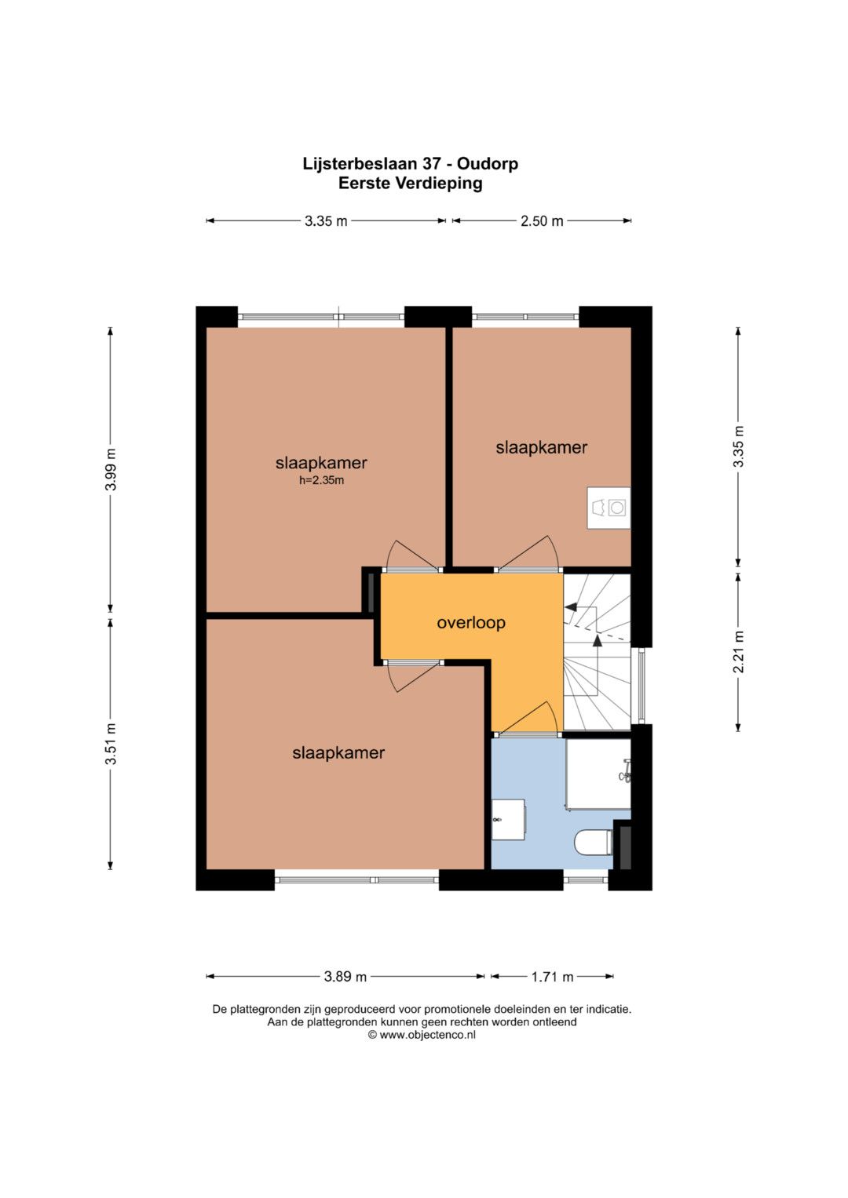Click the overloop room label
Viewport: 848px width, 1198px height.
(x=471, y=622)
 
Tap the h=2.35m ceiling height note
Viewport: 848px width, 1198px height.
(x=321, y=480)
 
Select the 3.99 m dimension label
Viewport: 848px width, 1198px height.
(x=110, y=469)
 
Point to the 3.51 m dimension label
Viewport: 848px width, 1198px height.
(x=110, y=744)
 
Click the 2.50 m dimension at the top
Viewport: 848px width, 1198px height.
(x=542, y=221)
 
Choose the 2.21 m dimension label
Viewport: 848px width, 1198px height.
(x=739, y=651)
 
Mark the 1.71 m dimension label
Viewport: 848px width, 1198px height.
(x=552, y=977)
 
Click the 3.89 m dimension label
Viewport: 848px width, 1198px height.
(x=345, y=977)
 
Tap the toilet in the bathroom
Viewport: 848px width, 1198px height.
(x=593, y=843)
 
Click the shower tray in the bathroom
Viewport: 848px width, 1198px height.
(x=598, y=774)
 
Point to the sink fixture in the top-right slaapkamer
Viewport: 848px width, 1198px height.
(x=609, y=508)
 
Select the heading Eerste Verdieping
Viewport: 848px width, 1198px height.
(x=410, y=184)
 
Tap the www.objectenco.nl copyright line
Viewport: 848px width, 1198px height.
(x=422, y=1035)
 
